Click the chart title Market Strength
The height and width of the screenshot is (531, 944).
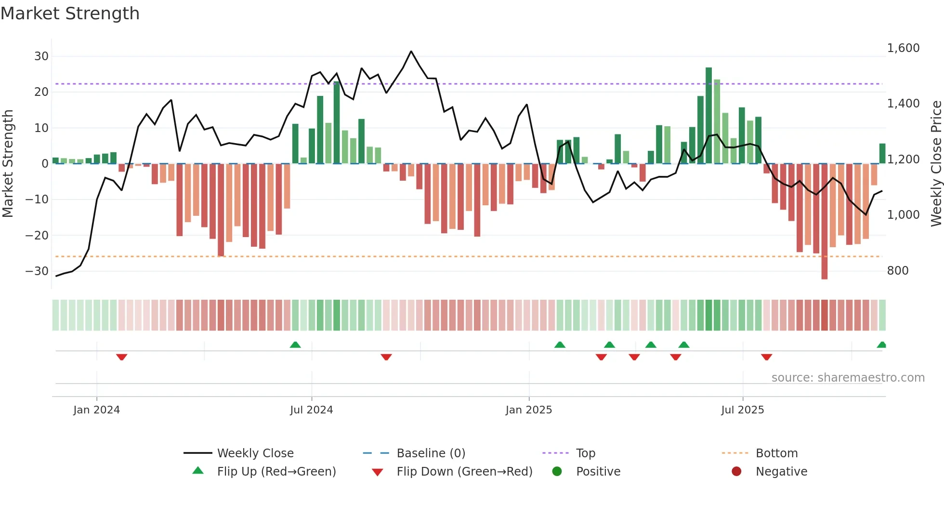pyautogui.click(x=70, y=13)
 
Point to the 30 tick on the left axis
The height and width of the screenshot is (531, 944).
pyautogui.click(x=41, y=56)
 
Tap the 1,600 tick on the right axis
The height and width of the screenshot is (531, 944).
pyautogui.click(x=903, y=48)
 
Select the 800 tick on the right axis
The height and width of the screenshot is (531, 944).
pyautogui.click(x=898, y=271)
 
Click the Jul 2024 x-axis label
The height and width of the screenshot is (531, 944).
pyautogui.click(x=311, y=410)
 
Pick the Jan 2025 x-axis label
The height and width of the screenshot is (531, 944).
pyautogui.click(x=528, y=410)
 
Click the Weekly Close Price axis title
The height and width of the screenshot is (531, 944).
pyautogui.click(x=936, y=164)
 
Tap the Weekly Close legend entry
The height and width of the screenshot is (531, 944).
pyautogui.click(x=255, y=453)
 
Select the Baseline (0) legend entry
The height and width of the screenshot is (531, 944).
pyautogui.click(x=431, y=453)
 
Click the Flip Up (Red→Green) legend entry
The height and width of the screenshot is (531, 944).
pyautogui.click(x=276, y=472)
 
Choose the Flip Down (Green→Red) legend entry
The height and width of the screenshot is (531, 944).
pyautogui.click(x=464, y=472)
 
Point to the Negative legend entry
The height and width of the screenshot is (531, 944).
pyautogui.click(x=781, y=472)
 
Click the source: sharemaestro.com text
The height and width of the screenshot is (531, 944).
pyautogui.click(x=848, y=378)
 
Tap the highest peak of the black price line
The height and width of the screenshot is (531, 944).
pyautogui.click(x=411, y=52)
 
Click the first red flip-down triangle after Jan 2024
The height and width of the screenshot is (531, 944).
pyautogui.click(x=121, y=357)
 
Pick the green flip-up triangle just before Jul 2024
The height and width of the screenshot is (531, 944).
pyautogui.click(x=295, y=345)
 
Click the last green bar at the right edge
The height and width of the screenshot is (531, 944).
pyautogui.click(x=882, y=154)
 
